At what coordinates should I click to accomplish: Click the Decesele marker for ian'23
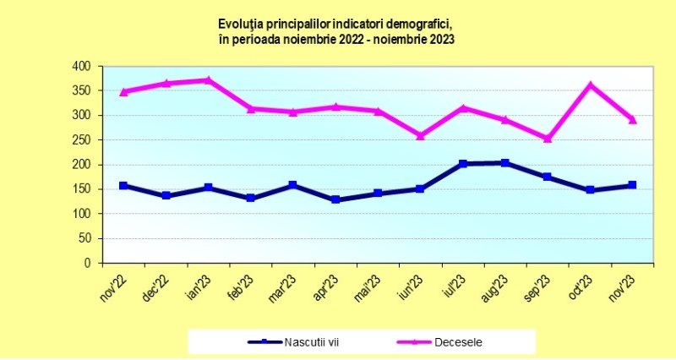[x=209, y=80]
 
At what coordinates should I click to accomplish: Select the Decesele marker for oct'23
[x=590, y=85]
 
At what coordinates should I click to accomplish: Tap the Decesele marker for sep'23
[x=548, y=139]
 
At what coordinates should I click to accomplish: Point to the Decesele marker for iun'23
[x=420, y=135]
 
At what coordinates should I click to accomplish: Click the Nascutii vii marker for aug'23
[x=505, y=162]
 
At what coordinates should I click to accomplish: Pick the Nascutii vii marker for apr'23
[x=335, y=199]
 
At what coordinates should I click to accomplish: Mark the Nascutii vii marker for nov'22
[x=123, y=185]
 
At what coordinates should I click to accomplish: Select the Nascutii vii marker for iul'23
[x=462, y=164]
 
